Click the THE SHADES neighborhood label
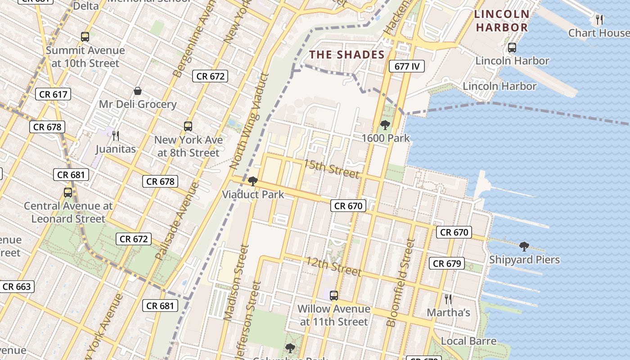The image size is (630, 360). point(347,55)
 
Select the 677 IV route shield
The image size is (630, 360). point(407,66)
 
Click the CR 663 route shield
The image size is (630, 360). point(17,287)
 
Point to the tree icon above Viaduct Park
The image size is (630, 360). point(252,181)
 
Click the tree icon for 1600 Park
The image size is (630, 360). point(385,125)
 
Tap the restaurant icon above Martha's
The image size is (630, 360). point(448,299)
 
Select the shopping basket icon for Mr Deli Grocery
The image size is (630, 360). point(138,91)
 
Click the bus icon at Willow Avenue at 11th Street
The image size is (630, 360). point(333,296)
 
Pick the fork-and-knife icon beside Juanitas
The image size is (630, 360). point(116,135)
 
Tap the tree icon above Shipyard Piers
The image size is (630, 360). point(524,247)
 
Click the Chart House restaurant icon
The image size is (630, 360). point(599,20)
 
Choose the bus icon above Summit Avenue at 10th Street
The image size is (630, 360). point(85,37)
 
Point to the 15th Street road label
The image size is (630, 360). point(332,168)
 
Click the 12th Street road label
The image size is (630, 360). point(334,266)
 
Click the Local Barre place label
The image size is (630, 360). point(468,341)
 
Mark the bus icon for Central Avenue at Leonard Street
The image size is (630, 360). point(68,193)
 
